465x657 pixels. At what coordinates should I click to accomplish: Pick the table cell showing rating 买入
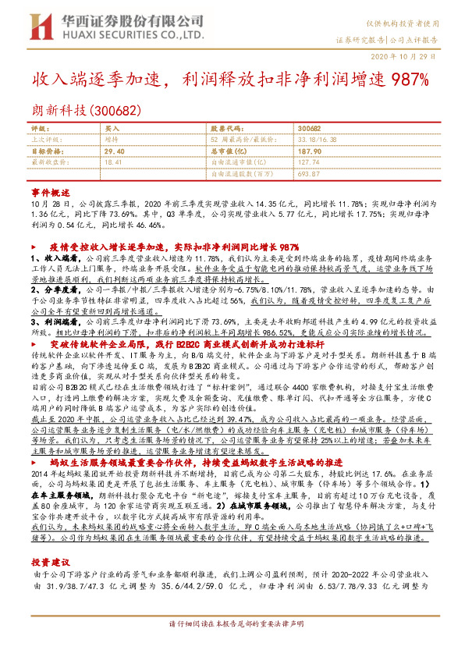pyautogui.click(x=112, y=127)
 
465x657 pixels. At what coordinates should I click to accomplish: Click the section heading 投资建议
pyautogui.click(x=51, y=540)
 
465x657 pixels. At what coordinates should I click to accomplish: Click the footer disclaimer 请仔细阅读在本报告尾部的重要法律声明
pyautogui.click(x=232, y=646)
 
